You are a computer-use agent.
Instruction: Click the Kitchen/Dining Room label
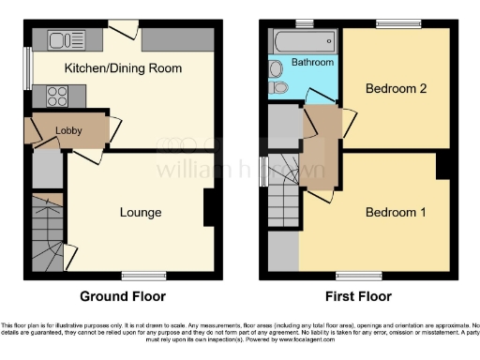tap(122, 68)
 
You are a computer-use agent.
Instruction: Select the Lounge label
tap(141, 212)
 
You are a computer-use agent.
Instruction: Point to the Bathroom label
tap(312, 62)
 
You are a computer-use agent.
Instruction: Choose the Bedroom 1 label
tap(396, 212)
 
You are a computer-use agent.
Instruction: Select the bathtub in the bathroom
tap(302, 39)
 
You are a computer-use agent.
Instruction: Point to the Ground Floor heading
tap(122, 296)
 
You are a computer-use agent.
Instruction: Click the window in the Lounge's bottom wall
tap(139, 275)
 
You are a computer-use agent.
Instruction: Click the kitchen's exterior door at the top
tap(120, 29)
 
